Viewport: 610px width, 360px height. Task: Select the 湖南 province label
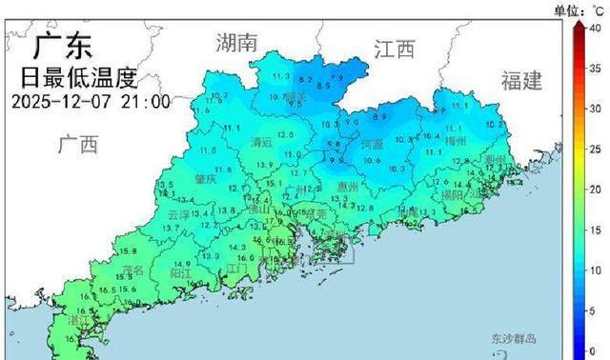[237, 42]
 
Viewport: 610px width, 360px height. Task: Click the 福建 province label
[520, 80]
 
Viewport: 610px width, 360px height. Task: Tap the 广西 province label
[78, 145]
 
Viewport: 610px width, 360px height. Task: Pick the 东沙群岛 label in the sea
[515, 339]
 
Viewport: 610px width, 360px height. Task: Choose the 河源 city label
[373, 145]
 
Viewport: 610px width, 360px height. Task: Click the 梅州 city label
[457, 141]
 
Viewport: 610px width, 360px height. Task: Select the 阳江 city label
[180, 271]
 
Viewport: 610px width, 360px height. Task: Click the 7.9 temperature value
[336, 76]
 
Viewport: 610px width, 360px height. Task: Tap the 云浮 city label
[178, 215]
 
